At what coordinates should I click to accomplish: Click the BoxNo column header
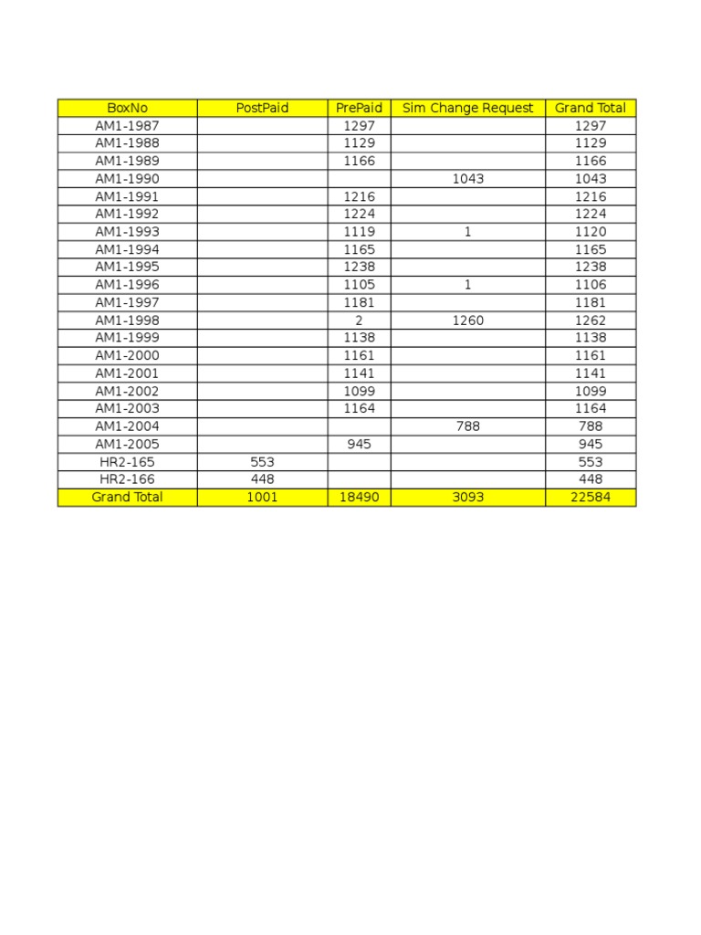127,108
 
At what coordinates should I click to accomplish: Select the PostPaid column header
262,108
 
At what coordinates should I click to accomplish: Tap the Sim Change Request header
467,108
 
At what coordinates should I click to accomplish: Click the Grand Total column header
591,108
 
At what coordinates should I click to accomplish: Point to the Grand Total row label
127,497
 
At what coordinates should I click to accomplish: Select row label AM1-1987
127,125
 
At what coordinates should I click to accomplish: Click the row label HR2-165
127,462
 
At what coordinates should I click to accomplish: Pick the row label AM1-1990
127,178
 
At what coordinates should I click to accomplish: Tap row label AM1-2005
127,444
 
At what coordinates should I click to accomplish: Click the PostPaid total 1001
262,497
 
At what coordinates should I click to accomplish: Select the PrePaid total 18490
359,497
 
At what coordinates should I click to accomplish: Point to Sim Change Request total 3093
467,497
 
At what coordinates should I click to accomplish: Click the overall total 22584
591,497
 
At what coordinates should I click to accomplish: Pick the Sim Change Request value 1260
467,320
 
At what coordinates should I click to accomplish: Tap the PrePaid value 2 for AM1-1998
359,320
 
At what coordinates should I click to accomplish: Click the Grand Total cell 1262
591,320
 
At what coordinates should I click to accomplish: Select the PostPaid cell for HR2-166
262,479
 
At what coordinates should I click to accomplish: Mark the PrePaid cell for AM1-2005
359,444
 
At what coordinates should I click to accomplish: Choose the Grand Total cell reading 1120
591,232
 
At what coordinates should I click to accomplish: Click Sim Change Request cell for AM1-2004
467,426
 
